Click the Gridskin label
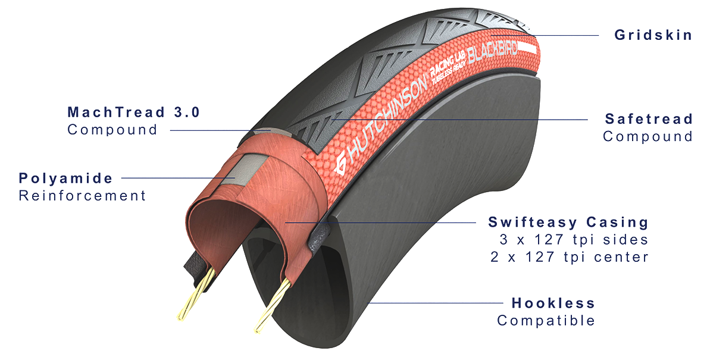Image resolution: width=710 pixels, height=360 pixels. click(653, 35)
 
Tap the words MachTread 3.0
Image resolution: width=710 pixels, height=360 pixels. click(133, 112)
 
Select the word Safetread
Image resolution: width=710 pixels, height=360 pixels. click(649, 119)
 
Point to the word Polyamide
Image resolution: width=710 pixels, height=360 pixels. click(65, 178)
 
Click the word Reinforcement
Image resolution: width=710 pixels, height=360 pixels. click(82, 195)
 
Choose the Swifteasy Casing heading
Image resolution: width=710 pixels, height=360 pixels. click(568, 223)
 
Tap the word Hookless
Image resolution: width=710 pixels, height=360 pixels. click(553, 303)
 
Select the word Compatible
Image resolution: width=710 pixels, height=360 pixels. click(546, 321)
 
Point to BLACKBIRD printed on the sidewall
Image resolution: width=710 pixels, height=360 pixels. click(492, 52)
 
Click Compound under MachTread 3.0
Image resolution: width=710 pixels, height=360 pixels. click(112, 130)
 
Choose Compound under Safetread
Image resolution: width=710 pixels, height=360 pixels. click(648, 136)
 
